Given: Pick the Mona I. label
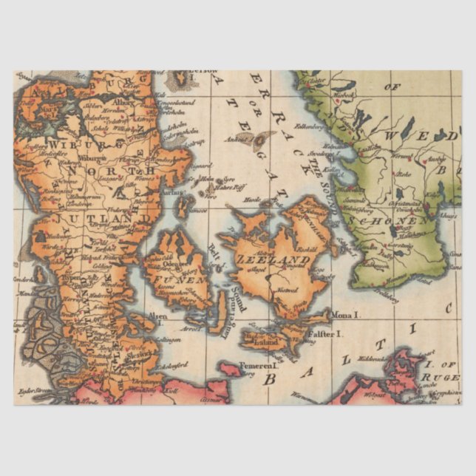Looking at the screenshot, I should point(345,314).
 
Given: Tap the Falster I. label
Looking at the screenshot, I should point(324,334).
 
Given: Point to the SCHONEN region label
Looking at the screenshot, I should point(399,220).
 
